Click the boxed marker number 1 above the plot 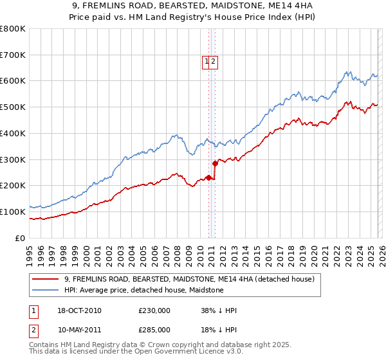(x=208, y=62)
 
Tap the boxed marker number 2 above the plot (x=214, y=62)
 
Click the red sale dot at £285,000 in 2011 (x=215, y=163)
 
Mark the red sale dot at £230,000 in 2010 (x=208, y=177)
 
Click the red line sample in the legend (x=46, y=279)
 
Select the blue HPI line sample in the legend (x=46, y=290)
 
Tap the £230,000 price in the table (x=154, y=310)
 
